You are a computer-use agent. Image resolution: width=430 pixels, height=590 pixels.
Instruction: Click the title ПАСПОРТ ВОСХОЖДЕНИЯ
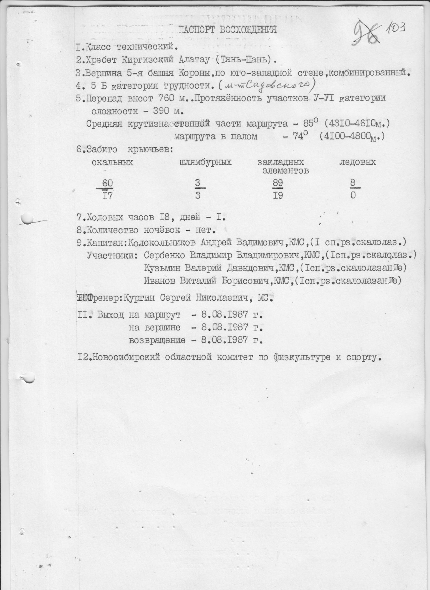tap(227, 30)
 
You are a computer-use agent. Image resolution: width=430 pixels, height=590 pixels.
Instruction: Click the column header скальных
tap(112, 162)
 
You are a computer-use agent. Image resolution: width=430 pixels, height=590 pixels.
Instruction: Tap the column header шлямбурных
tap(205, 162)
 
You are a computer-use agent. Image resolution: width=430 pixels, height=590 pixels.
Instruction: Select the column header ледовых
tap(357, 162)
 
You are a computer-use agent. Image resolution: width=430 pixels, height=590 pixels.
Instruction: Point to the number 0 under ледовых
tap(353, 196)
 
